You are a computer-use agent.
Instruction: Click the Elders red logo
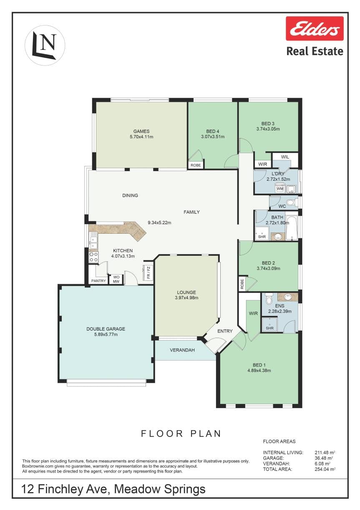click(315, 29)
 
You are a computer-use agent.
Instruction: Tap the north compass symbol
click(45, 45)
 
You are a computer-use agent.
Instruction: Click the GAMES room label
click(141, 131)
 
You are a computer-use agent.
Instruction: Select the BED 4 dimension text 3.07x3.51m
click(213, 137)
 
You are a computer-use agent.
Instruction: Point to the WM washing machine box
click(280, 189)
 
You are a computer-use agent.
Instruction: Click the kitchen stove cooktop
click(93, 257)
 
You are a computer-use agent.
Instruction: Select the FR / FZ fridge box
click(148, 273)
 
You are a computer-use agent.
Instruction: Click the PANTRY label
click(98, 281)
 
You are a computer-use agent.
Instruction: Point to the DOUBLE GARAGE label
click(106, 329)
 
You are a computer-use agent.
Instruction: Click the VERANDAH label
click(182, 350)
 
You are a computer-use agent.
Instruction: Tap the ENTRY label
click(225, 331)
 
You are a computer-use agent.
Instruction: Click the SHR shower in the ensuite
click(269, 325)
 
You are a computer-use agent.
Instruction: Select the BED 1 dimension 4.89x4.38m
click(259, 371)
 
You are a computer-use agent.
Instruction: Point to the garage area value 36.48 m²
click(324, 458)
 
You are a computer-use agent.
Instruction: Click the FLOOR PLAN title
click(181, 434)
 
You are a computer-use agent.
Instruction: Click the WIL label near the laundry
click(285, 157)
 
